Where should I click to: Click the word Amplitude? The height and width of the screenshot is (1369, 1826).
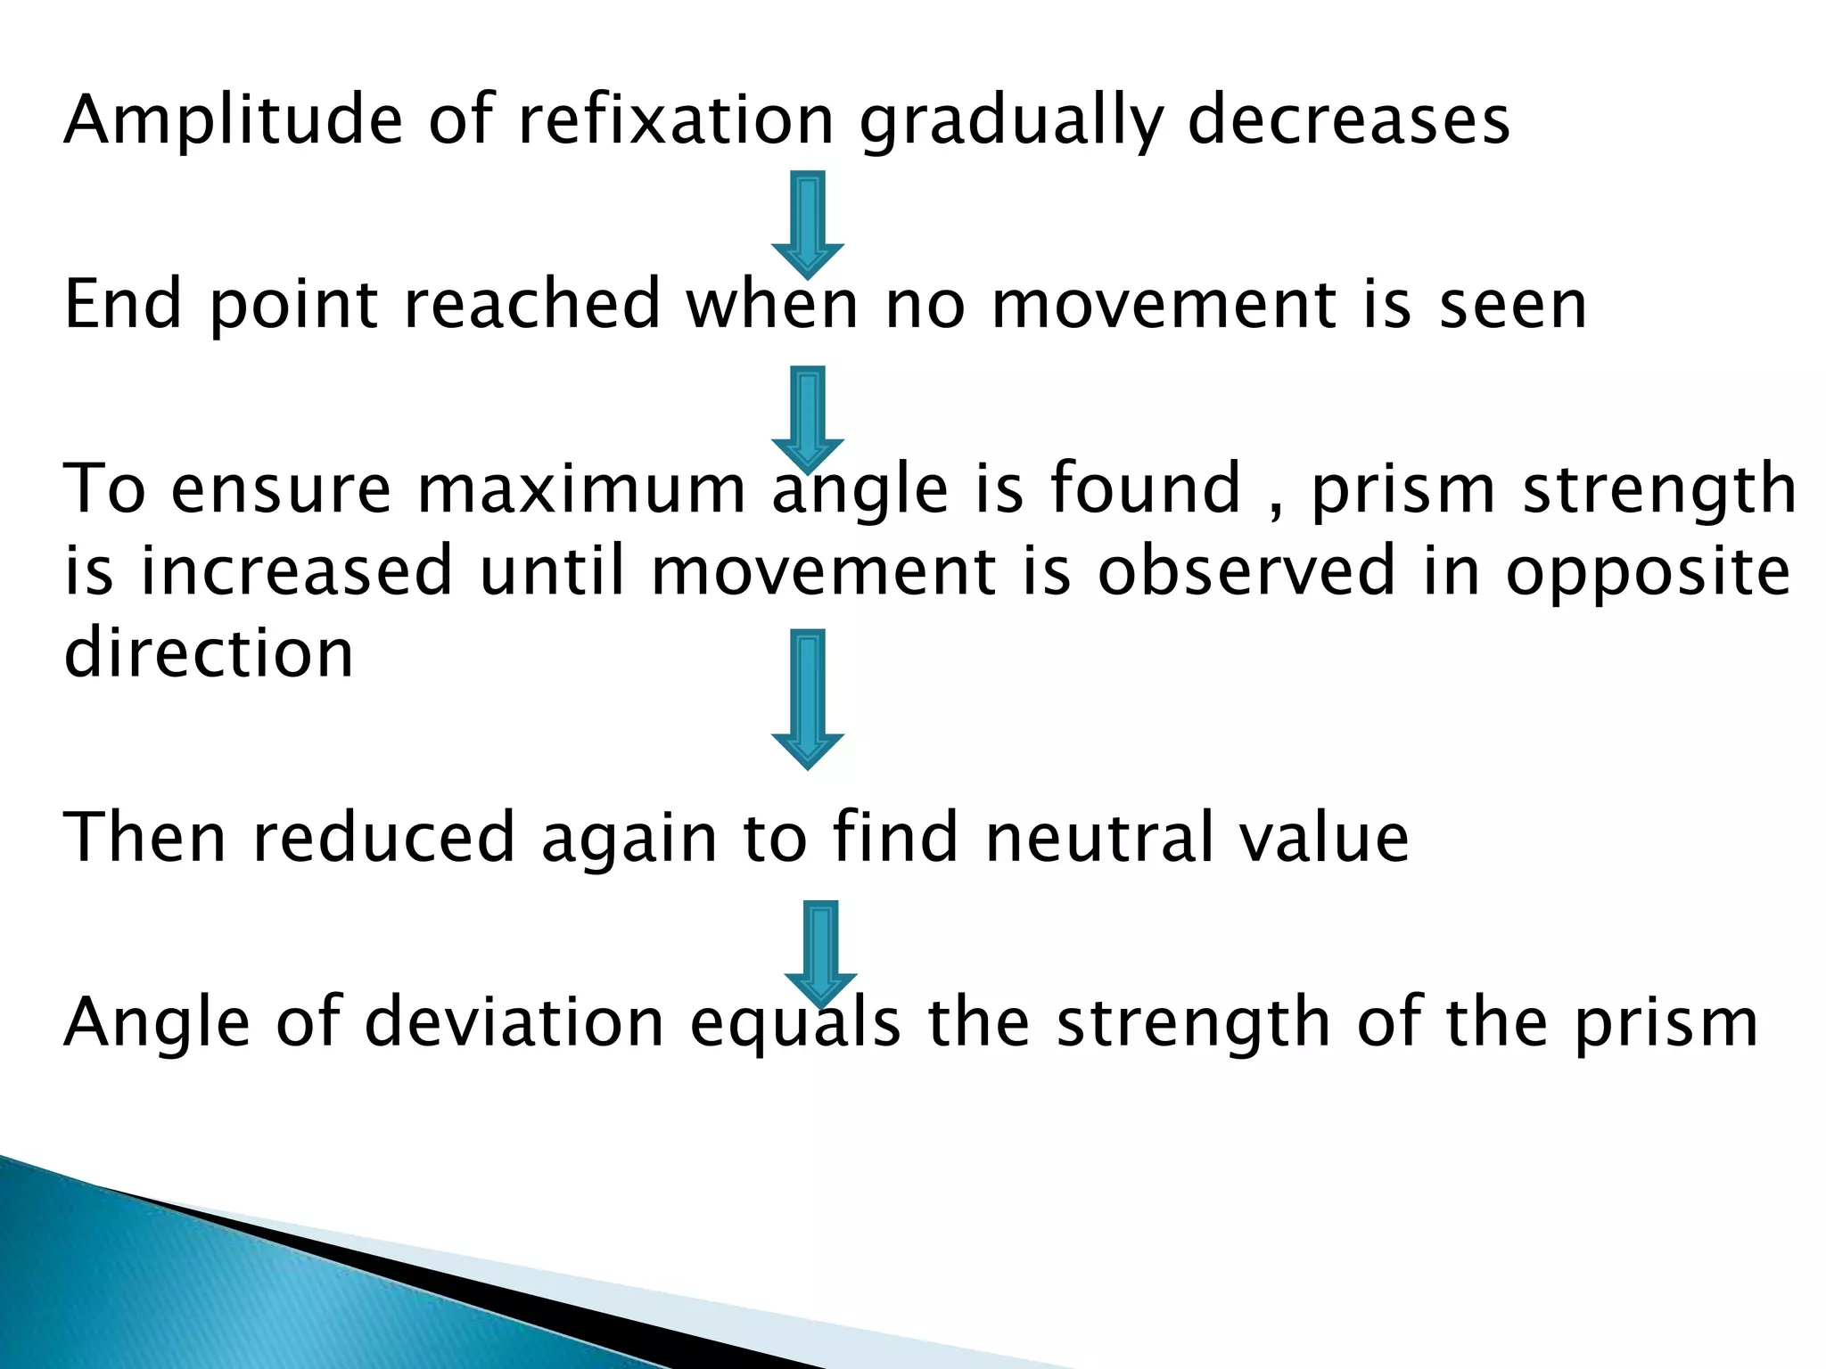tap(233, 120)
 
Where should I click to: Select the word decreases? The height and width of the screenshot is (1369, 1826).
tap(1349, 120)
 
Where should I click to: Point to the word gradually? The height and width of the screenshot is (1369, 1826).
tap(1012, 122)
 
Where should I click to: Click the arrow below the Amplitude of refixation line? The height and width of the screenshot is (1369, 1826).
tap(808, 223)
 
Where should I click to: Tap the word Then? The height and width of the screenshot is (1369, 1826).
tap(145, 837)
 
